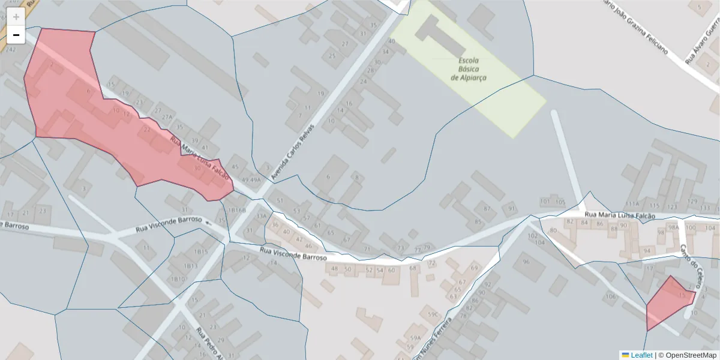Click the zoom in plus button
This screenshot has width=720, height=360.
(x=16, y=17)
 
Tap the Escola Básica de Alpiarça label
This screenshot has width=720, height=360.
(x=469, y=69)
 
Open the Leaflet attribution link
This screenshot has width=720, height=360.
(x=637, y=355)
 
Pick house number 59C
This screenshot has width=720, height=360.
(x=433, y=314)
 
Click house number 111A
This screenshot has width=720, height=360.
(x=632, y=203)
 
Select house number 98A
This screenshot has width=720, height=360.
(x=674, y=227)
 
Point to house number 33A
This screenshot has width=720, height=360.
(x=262, y=216)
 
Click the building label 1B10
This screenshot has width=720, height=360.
(x=177, y=279)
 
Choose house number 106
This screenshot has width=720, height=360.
(x=611, y=296)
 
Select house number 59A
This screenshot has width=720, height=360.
(x=415, y=338)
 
